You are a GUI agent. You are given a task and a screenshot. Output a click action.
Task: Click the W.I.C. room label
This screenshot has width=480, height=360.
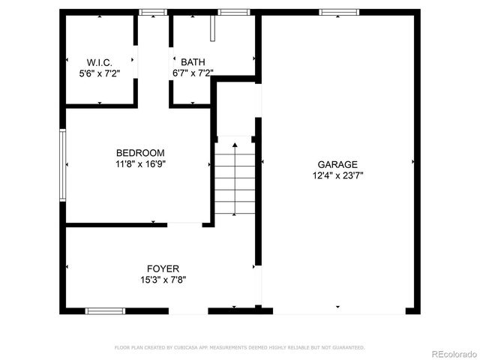pos(100,62)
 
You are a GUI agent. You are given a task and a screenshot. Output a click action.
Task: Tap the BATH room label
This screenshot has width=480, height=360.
pos(193,62)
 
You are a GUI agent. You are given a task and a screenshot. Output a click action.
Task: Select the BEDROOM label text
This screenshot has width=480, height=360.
pos(140,153)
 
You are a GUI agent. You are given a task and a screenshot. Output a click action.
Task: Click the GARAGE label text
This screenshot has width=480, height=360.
pos(337,165)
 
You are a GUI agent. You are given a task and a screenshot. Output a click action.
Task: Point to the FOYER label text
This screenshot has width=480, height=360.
pos(163,268)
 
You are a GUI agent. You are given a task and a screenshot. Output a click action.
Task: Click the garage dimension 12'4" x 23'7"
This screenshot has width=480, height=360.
pos(337,175)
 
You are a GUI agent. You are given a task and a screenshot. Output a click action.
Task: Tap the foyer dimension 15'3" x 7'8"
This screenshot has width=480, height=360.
pos(163,279)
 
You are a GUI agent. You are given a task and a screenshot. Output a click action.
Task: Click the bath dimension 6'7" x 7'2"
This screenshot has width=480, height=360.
pos(193,73)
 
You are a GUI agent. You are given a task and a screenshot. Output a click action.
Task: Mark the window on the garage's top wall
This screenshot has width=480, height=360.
pos(334,12)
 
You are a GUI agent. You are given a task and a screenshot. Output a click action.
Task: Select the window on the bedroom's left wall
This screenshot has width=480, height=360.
pos(63,165)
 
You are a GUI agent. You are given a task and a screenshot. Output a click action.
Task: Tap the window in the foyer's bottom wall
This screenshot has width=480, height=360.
pos(105,310)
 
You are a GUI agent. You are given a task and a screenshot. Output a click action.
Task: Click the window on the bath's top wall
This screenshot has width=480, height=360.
pos(233,12)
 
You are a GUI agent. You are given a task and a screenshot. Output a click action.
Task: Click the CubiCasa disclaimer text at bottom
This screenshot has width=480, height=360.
pos(239,347)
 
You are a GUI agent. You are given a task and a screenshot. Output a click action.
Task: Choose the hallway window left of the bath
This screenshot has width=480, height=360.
pos(154,12)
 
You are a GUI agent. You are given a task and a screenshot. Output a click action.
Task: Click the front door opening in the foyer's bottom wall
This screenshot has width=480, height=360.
pos(188,310)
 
